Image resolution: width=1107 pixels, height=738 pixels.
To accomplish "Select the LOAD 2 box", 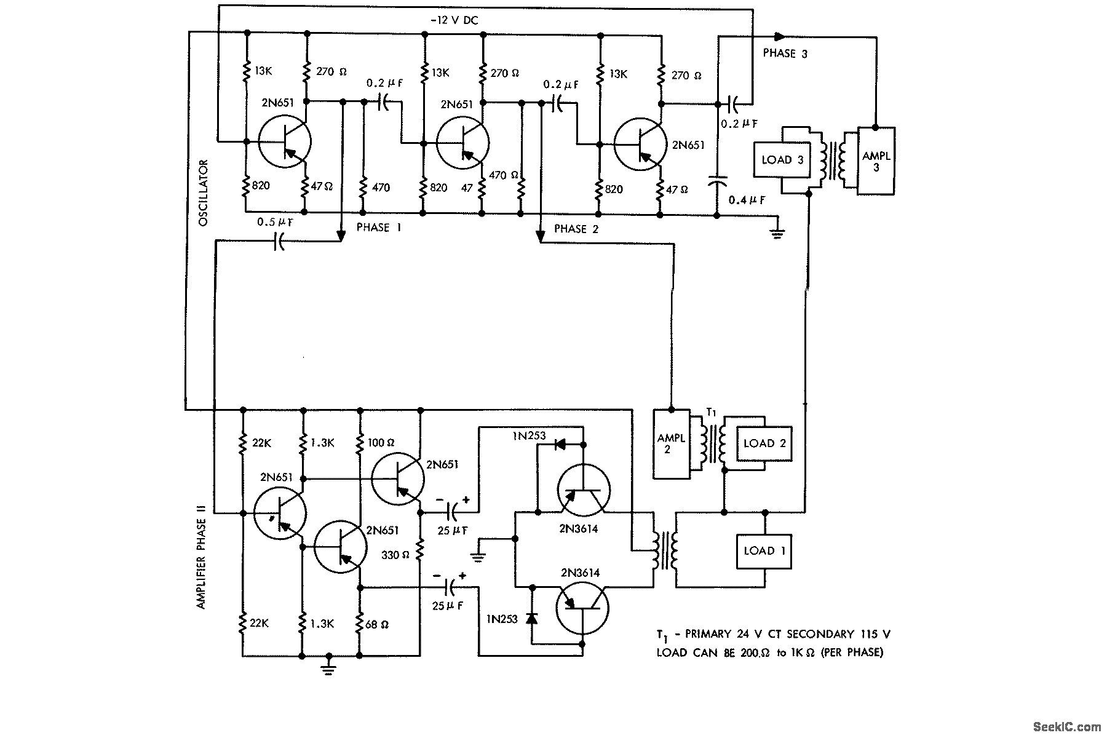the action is tap(764, 443).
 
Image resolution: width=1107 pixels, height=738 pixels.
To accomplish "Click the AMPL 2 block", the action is tap(671, 443).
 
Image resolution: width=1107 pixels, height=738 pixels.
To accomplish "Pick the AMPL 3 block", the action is tap(876, 161).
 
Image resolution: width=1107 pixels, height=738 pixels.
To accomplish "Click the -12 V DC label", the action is tap(454, 20).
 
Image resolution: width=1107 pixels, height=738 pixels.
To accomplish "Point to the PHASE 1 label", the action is tap(379, 228).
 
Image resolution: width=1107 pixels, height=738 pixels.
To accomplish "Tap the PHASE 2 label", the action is tap(576, 229).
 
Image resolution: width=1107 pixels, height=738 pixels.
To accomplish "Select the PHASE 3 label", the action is tap(785, 54).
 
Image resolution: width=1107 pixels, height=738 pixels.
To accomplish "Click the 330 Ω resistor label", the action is tap(396, 554).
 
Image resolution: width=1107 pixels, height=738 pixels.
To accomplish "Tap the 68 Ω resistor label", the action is tap(376, 624).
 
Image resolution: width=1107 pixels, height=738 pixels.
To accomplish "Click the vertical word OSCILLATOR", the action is tap(204, 192).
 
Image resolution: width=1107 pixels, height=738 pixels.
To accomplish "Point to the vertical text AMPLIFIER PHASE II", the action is tap(201, 556).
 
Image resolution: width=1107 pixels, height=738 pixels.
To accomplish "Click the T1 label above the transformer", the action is tap(712, 413).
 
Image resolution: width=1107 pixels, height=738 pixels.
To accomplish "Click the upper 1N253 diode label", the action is tap(530, 436).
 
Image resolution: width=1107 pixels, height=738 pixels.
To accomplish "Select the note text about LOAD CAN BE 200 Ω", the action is tap(769, 653).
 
